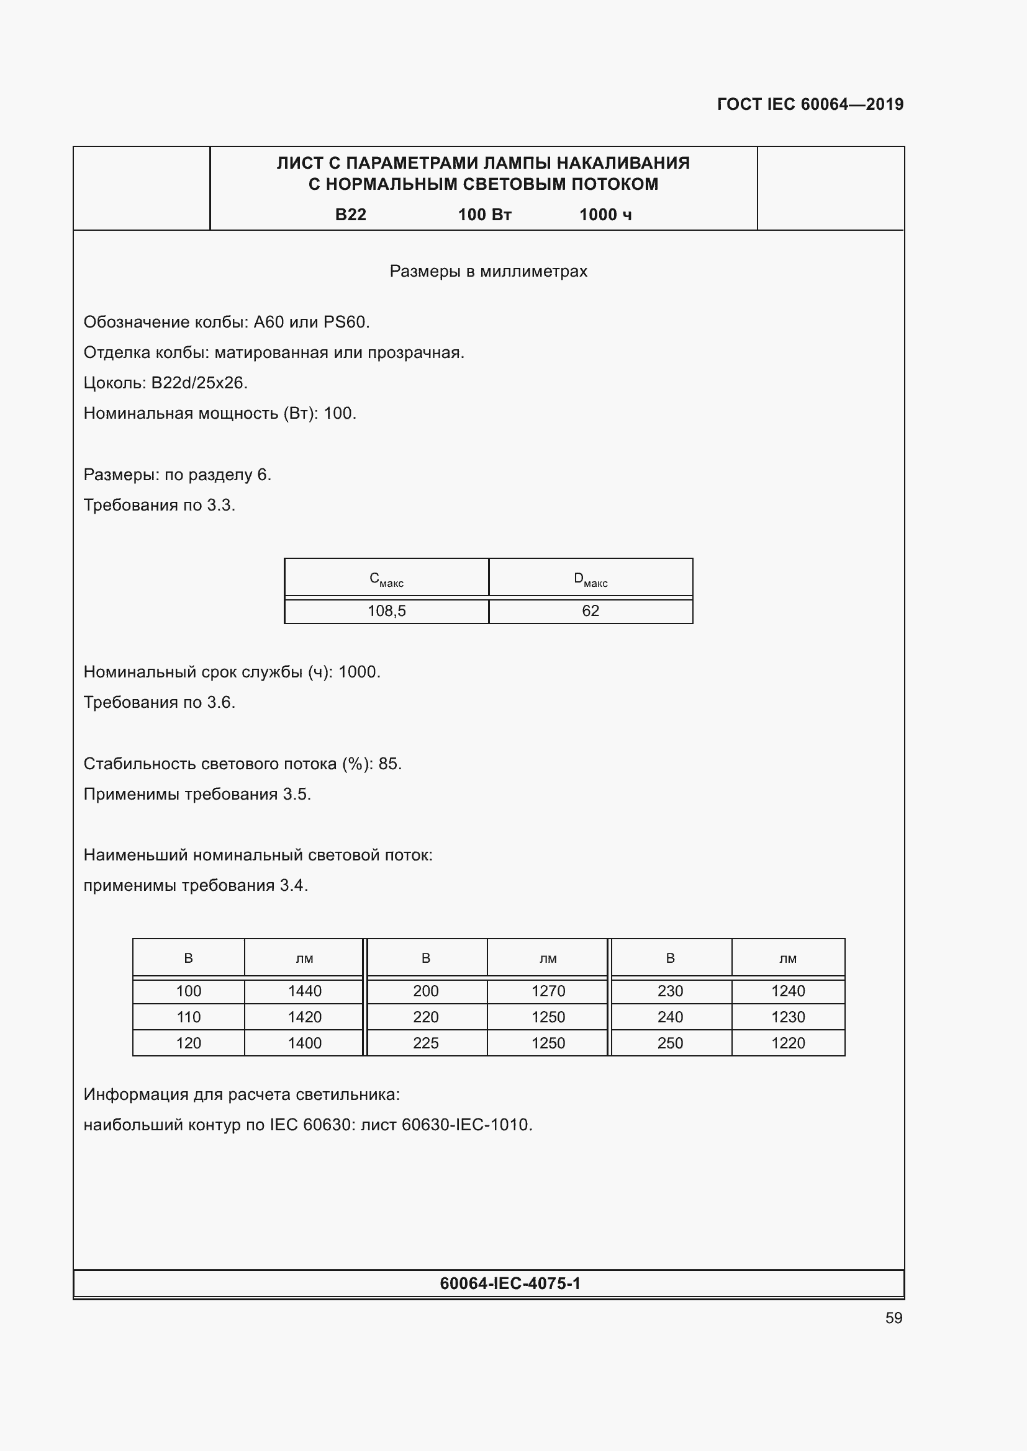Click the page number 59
coord(894,1318)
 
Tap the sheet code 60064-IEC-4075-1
coord(510,1283)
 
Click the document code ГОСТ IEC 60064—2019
coord(810,104)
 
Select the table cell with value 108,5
coord(386,611)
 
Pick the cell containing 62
coord(590,611)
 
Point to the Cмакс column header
coord(386,578)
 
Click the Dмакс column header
coord(590,578)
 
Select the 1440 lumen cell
coord(304,991)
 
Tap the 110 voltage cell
coord(189,1017)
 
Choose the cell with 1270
coord(548,991)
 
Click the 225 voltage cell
coord(425,1043)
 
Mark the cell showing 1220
coord(788,1043)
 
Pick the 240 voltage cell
coord(670,1017)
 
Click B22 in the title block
coord(350,215)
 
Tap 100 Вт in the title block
coord(484,215)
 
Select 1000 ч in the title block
coord(605,215)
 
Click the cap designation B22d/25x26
coord(199,383)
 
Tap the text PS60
coord(345,323)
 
